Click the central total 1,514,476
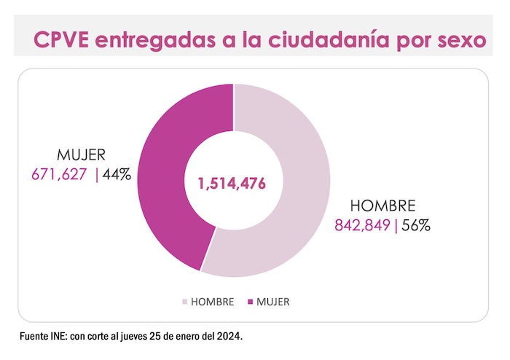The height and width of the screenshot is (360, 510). pyautogui.click(x=232, y=181)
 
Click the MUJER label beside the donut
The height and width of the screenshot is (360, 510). pyautogui.click(x=82, y=154)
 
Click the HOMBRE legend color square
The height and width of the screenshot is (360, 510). pyautogui.click(x=184, y=301)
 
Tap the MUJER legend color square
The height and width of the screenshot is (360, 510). pyautogui.click(x=249, y=301)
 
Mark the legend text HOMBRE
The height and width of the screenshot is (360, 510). pyautogui.click(x=213, y=301)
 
